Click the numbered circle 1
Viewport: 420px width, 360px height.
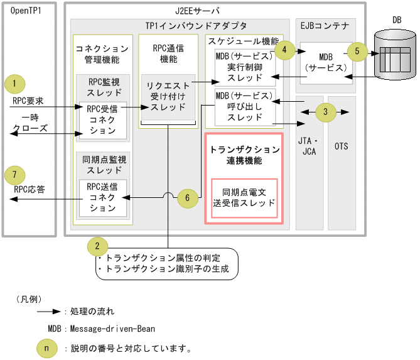[x=14, y=83]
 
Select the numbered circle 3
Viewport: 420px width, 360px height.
[x=325, y=113]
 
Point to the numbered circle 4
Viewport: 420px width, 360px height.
[x=285, y=50]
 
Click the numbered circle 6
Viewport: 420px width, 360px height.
[x=184, y=197]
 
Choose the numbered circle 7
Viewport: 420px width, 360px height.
[x=14, y=173]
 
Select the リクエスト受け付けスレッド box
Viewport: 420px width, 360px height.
[x=168, y=97]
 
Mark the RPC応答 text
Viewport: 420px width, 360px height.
[x=28, y=188]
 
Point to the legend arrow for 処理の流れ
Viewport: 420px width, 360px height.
[x=48, y=310]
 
